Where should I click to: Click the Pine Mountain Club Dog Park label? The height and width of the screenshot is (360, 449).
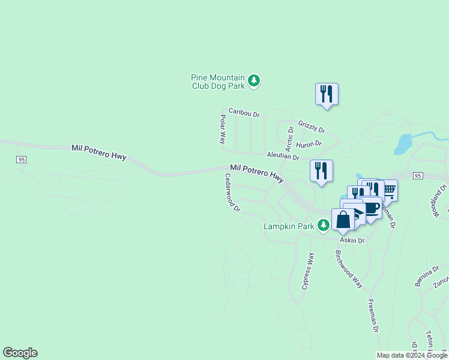[x=218, y=82]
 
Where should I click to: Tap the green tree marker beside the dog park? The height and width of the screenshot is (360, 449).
[x=254, y=81]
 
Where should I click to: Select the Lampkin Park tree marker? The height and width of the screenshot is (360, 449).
[x=324, y=226]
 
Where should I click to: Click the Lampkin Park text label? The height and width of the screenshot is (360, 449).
[x=289, y=226]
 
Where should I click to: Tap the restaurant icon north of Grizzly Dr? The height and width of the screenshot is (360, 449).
[x=327, y=94]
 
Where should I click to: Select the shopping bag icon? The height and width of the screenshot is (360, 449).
[x=343, y=220]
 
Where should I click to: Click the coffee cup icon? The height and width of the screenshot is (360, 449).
[x=372, y=208]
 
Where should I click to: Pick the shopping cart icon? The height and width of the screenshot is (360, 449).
[x=388, y=191]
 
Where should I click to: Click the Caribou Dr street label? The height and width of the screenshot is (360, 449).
[x=244, y=113]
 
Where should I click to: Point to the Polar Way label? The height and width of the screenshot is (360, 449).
[x=222, y=129]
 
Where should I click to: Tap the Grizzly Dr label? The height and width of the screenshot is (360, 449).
[x=312, y=127]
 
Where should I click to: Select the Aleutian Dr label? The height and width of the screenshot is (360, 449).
[x=283, y=156]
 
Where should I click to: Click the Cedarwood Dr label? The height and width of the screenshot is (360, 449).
[x=232, y=193]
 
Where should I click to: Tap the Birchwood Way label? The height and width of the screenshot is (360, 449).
[x=349, y=269]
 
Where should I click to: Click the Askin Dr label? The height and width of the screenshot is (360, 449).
[x=353, y=240]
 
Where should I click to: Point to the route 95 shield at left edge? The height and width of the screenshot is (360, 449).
[x=22, y=159]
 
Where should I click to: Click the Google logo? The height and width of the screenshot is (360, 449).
[x=20, y=353]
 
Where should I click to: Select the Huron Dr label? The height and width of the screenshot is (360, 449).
[x=310, y=144]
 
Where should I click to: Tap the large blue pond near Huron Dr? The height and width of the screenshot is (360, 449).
[x=404, y=144]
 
